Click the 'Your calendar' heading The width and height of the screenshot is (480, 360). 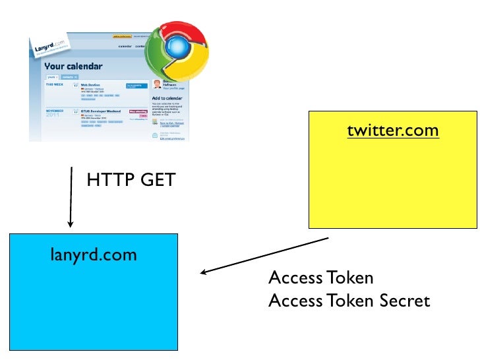tap(74, 67)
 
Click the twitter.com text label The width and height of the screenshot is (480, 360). tap(392, 131)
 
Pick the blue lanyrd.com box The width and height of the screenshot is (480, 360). tap(93, 297)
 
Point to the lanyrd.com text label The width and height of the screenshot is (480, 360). tap(94, 254)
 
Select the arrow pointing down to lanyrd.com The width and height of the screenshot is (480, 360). tap(71, 198)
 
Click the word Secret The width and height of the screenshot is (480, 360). tap(404, 301)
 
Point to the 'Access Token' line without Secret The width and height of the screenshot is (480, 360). tap(320, 278)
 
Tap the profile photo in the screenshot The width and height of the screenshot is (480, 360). tap(156, 84)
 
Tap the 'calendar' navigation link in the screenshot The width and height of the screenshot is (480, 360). tap(125, 47)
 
